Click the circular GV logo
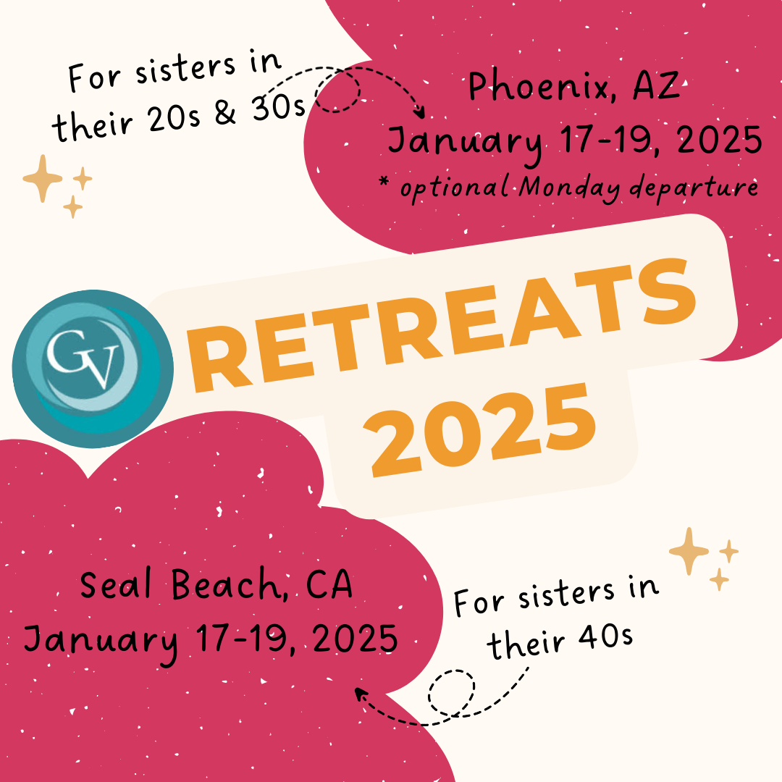point(93,369)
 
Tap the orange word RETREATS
point(442,325)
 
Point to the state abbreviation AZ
point(656,85)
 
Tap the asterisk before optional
point(384,180)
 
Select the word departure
point(694,188)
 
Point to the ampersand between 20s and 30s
point(225,112)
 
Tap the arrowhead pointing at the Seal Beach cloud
point(360,694)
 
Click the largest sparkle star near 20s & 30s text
point(43,178)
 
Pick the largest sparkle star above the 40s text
point(689,551)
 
